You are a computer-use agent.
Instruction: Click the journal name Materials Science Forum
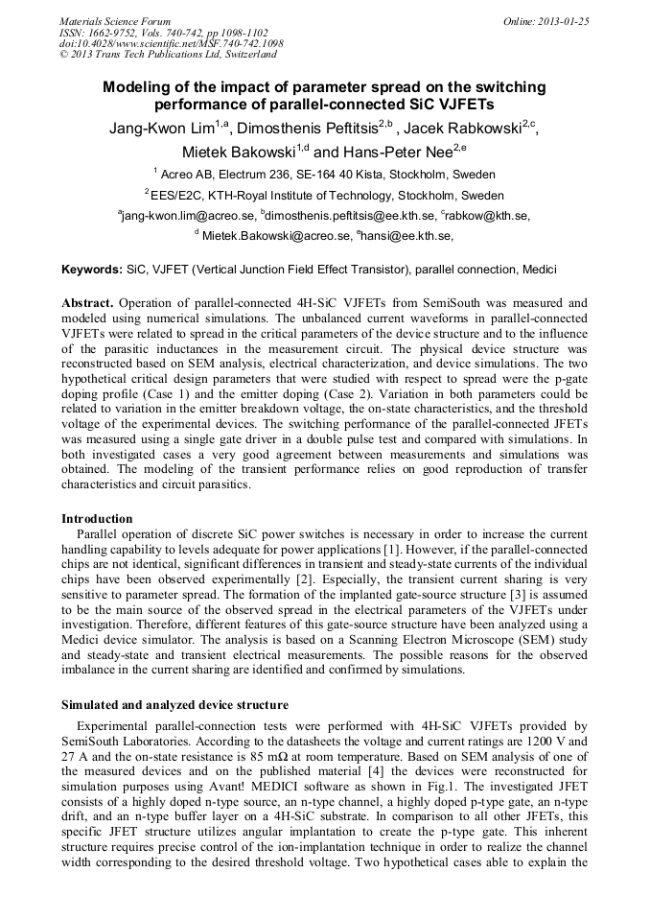[x=115, y=21]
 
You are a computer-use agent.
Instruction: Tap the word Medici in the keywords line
[x=538, y=270]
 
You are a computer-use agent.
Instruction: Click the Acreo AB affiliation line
[x=324, y=175]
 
